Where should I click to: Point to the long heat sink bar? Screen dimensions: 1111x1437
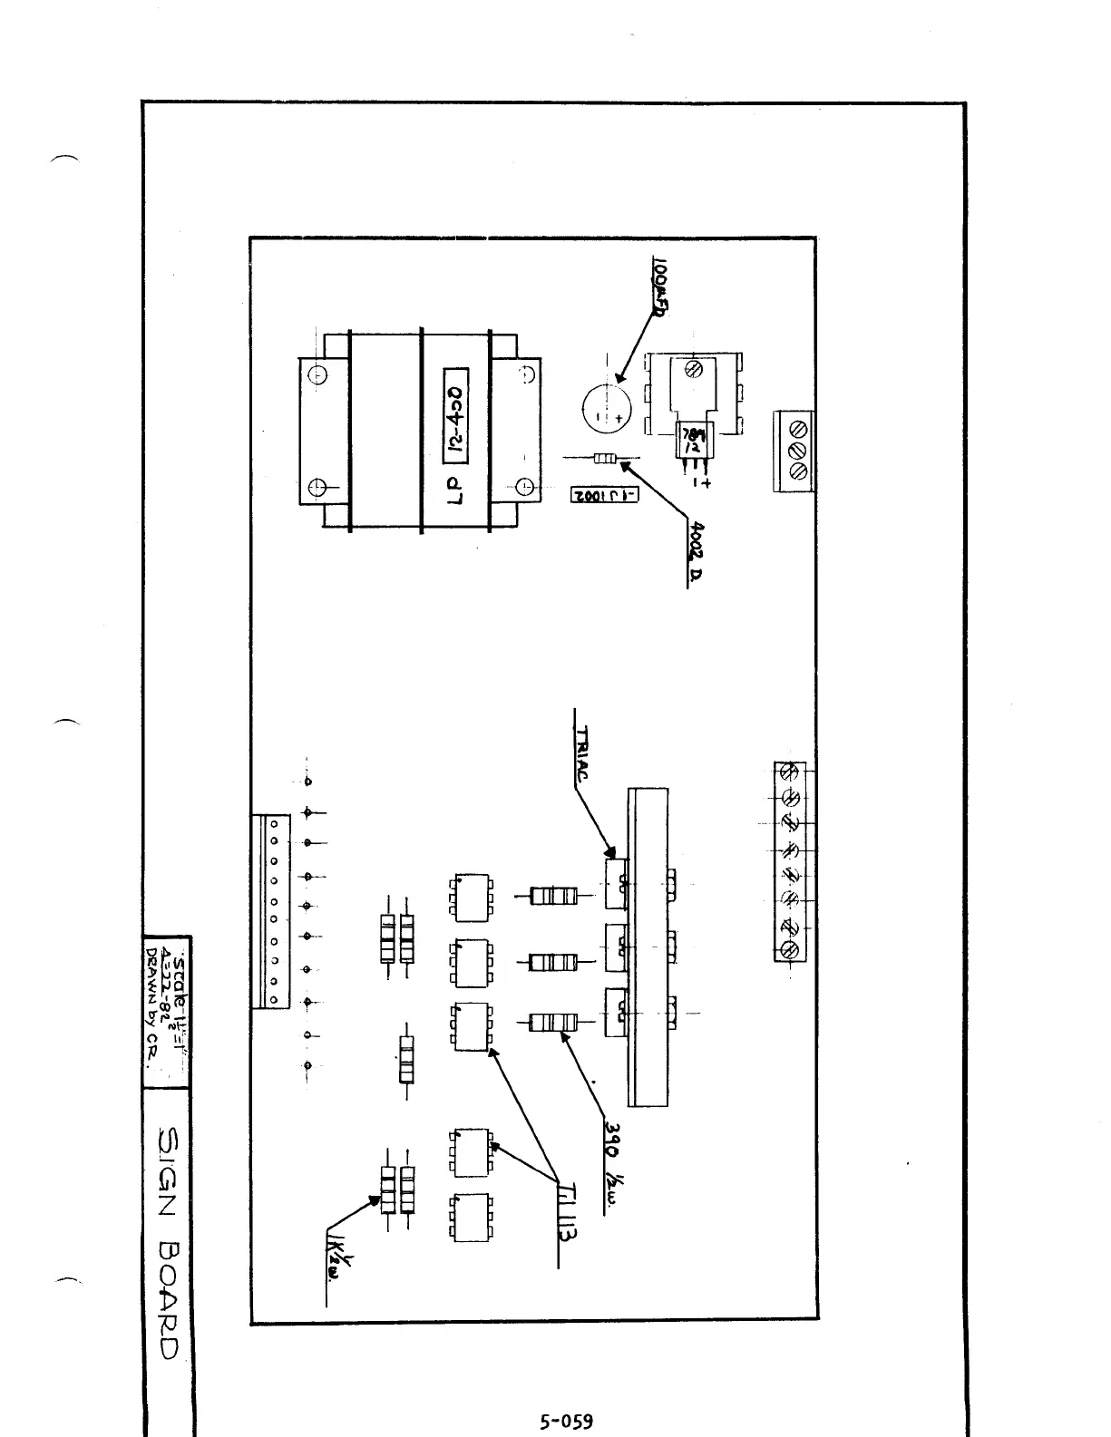click(x=648, y=947)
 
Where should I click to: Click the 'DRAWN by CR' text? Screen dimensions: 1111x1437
click(x=151, y=1006)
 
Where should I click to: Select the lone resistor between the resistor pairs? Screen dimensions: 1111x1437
click(x=406, y=1059)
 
